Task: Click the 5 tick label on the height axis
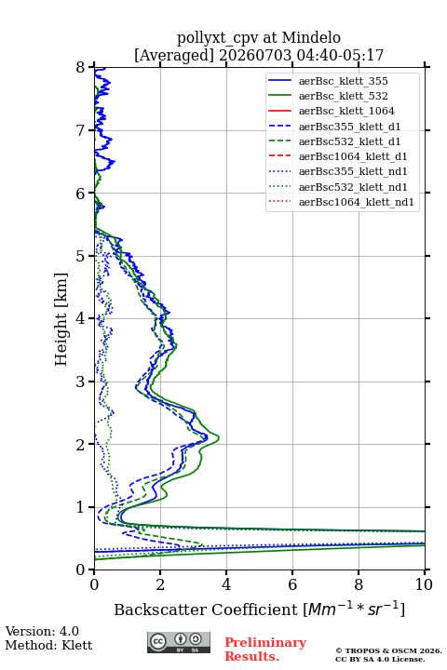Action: click(81, 256)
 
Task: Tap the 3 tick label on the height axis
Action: click(81, 382)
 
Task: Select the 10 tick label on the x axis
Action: click(424, 584)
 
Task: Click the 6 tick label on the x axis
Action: click(292, 584)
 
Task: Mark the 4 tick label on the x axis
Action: click(226, 584)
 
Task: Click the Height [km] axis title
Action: click(61, 319)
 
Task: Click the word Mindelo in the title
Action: click(311, 37)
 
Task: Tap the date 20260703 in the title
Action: click(255, 55)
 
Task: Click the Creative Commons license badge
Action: click(179, 642)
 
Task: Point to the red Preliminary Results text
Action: click(265, 650)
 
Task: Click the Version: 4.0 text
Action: click(42, 631)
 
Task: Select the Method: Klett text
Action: click(48, 645)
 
